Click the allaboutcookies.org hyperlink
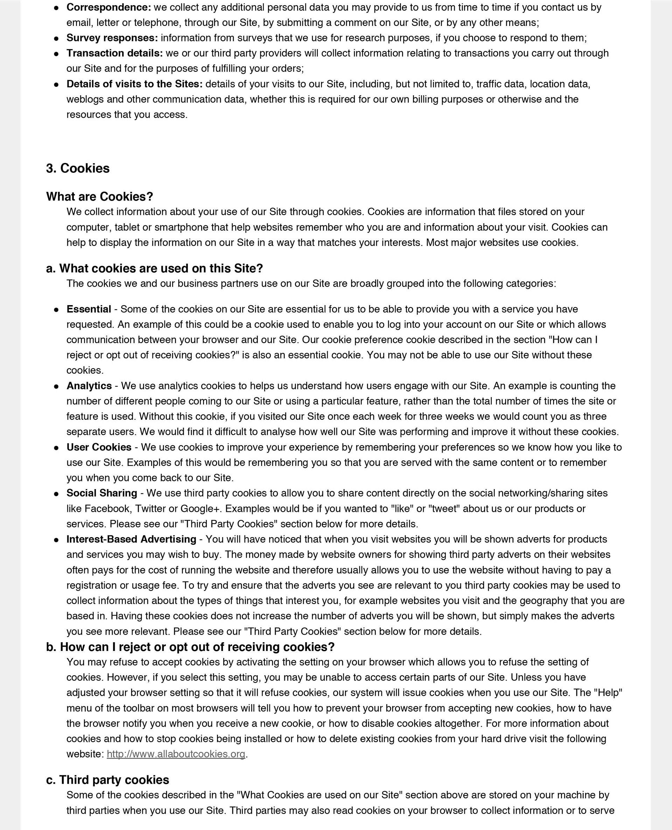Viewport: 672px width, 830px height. [x=176, y=754]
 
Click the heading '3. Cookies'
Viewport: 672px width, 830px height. [x=78, y=168]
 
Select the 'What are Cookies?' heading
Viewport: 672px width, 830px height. [x=99, y=197]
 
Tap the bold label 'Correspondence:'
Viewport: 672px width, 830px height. [x=109, y=7]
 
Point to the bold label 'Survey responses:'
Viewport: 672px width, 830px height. [x=112, y=38]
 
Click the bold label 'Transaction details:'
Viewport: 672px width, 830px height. [x=114, y=53]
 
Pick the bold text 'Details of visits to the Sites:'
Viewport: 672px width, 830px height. [x=134, y=84]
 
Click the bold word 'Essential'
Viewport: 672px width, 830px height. [x=89, y=309]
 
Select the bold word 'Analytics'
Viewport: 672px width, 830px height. [x=89, y=386]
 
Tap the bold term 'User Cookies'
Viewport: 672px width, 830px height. [x=99, y=447]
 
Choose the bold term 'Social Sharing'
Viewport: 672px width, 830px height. [x=102, y=493]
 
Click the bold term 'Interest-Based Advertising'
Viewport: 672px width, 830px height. [x=131, y=540]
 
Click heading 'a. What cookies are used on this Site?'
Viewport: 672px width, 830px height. [x=154, y=268]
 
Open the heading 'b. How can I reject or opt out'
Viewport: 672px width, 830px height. [x=190, y=647]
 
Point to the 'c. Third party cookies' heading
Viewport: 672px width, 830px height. [x=107, y=780]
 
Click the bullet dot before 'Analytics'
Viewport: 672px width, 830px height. [x=56, y=386]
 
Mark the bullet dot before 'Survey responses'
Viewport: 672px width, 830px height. [x=56, y=38]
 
